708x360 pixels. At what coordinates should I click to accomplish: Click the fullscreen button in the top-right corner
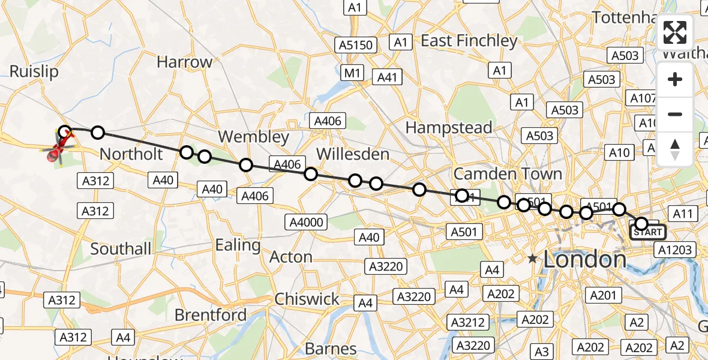click(x=675, y=32)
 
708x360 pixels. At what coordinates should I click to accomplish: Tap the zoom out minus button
click(x=675, y=114)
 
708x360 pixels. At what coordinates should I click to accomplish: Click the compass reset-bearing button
click(x=675, y=149)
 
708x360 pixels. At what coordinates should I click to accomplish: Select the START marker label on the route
click(x=647, y=232)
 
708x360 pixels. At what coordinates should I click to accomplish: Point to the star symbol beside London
click(x=532, y=259)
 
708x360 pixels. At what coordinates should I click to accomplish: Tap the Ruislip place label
click(x=34, y=72)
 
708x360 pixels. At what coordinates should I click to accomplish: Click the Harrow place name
click(x=184, y=62)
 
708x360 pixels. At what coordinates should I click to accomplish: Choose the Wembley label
click(x=254, y=137)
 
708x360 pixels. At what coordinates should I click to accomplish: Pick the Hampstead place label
click(x=449, y=127)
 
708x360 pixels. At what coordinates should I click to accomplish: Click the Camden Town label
click(x=508, y=174)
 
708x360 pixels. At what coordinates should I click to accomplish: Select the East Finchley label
click(x=469, y=41)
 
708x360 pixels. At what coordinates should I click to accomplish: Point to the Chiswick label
click(x=307, y=299)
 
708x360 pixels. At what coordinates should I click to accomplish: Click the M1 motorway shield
click(x=352, y=73)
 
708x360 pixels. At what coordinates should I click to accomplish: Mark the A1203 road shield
click(x=675, y=250)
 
